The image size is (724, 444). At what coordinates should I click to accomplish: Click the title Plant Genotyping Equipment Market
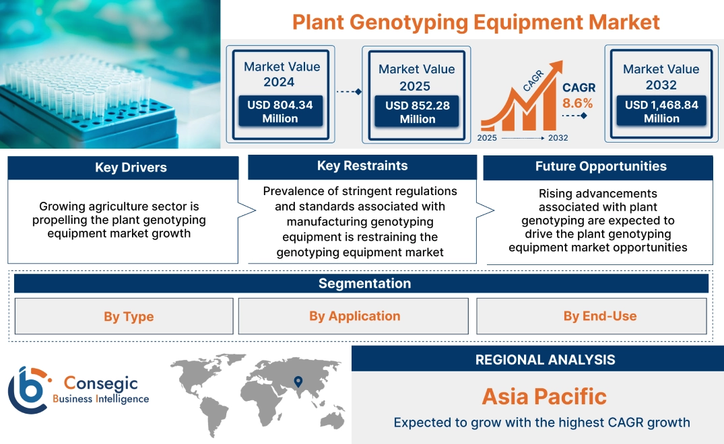coord(475,22)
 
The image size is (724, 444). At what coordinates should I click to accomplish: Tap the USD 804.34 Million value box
coord(279,111)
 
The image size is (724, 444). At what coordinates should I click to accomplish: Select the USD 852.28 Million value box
coord(418,112)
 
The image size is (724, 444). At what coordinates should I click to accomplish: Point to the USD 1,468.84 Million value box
coord(661,111)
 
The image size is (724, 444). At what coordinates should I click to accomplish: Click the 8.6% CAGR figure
coord(578,103)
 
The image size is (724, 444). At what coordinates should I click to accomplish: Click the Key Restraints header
coord(362,166)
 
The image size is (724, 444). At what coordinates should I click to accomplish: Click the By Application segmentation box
coord(354,316)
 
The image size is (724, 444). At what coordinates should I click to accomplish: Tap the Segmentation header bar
coord(364,283)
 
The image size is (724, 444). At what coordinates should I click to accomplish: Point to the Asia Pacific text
coord(544,396)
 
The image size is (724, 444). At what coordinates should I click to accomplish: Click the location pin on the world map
coord(297,382)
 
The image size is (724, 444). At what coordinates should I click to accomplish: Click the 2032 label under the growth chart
coord(558,138)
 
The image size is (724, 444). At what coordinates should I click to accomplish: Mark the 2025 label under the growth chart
coord(488,138)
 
